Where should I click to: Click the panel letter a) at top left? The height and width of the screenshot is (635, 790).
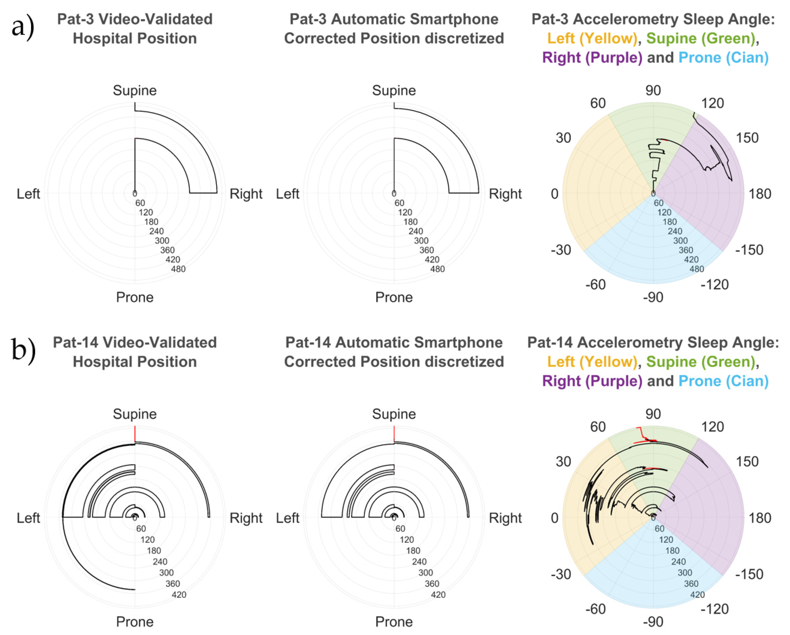pyautogui.click(x=23, y=26)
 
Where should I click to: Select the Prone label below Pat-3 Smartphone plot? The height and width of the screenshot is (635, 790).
pyautogui.click(x=394, y=297)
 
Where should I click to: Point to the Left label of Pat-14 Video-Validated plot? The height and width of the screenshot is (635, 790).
pyautogui.click(x=28, y=518)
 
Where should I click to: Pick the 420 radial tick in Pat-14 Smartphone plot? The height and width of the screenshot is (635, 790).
pyautogui.click(x=438, y=595)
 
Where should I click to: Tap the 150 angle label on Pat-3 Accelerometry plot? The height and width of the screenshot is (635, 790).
pyautogui.click(x=747, y=138)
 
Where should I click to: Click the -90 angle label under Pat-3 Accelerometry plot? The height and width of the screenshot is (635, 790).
pyautogui.click(x=653, y=297)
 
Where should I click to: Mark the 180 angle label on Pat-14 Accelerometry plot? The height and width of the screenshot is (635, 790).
pyautogui.click(x=760, y=518)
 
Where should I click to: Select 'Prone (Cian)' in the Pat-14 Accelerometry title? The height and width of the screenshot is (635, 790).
pyautogui.click(x=723, y=381)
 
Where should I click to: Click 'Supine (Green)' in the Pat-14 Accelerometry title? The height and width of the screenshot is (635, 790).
pyautogui.click(x=700, y=362)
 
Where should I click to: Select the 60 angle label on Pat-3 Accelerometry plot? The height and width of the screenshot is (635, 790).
pyautogui.click(x=598, y=103)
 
